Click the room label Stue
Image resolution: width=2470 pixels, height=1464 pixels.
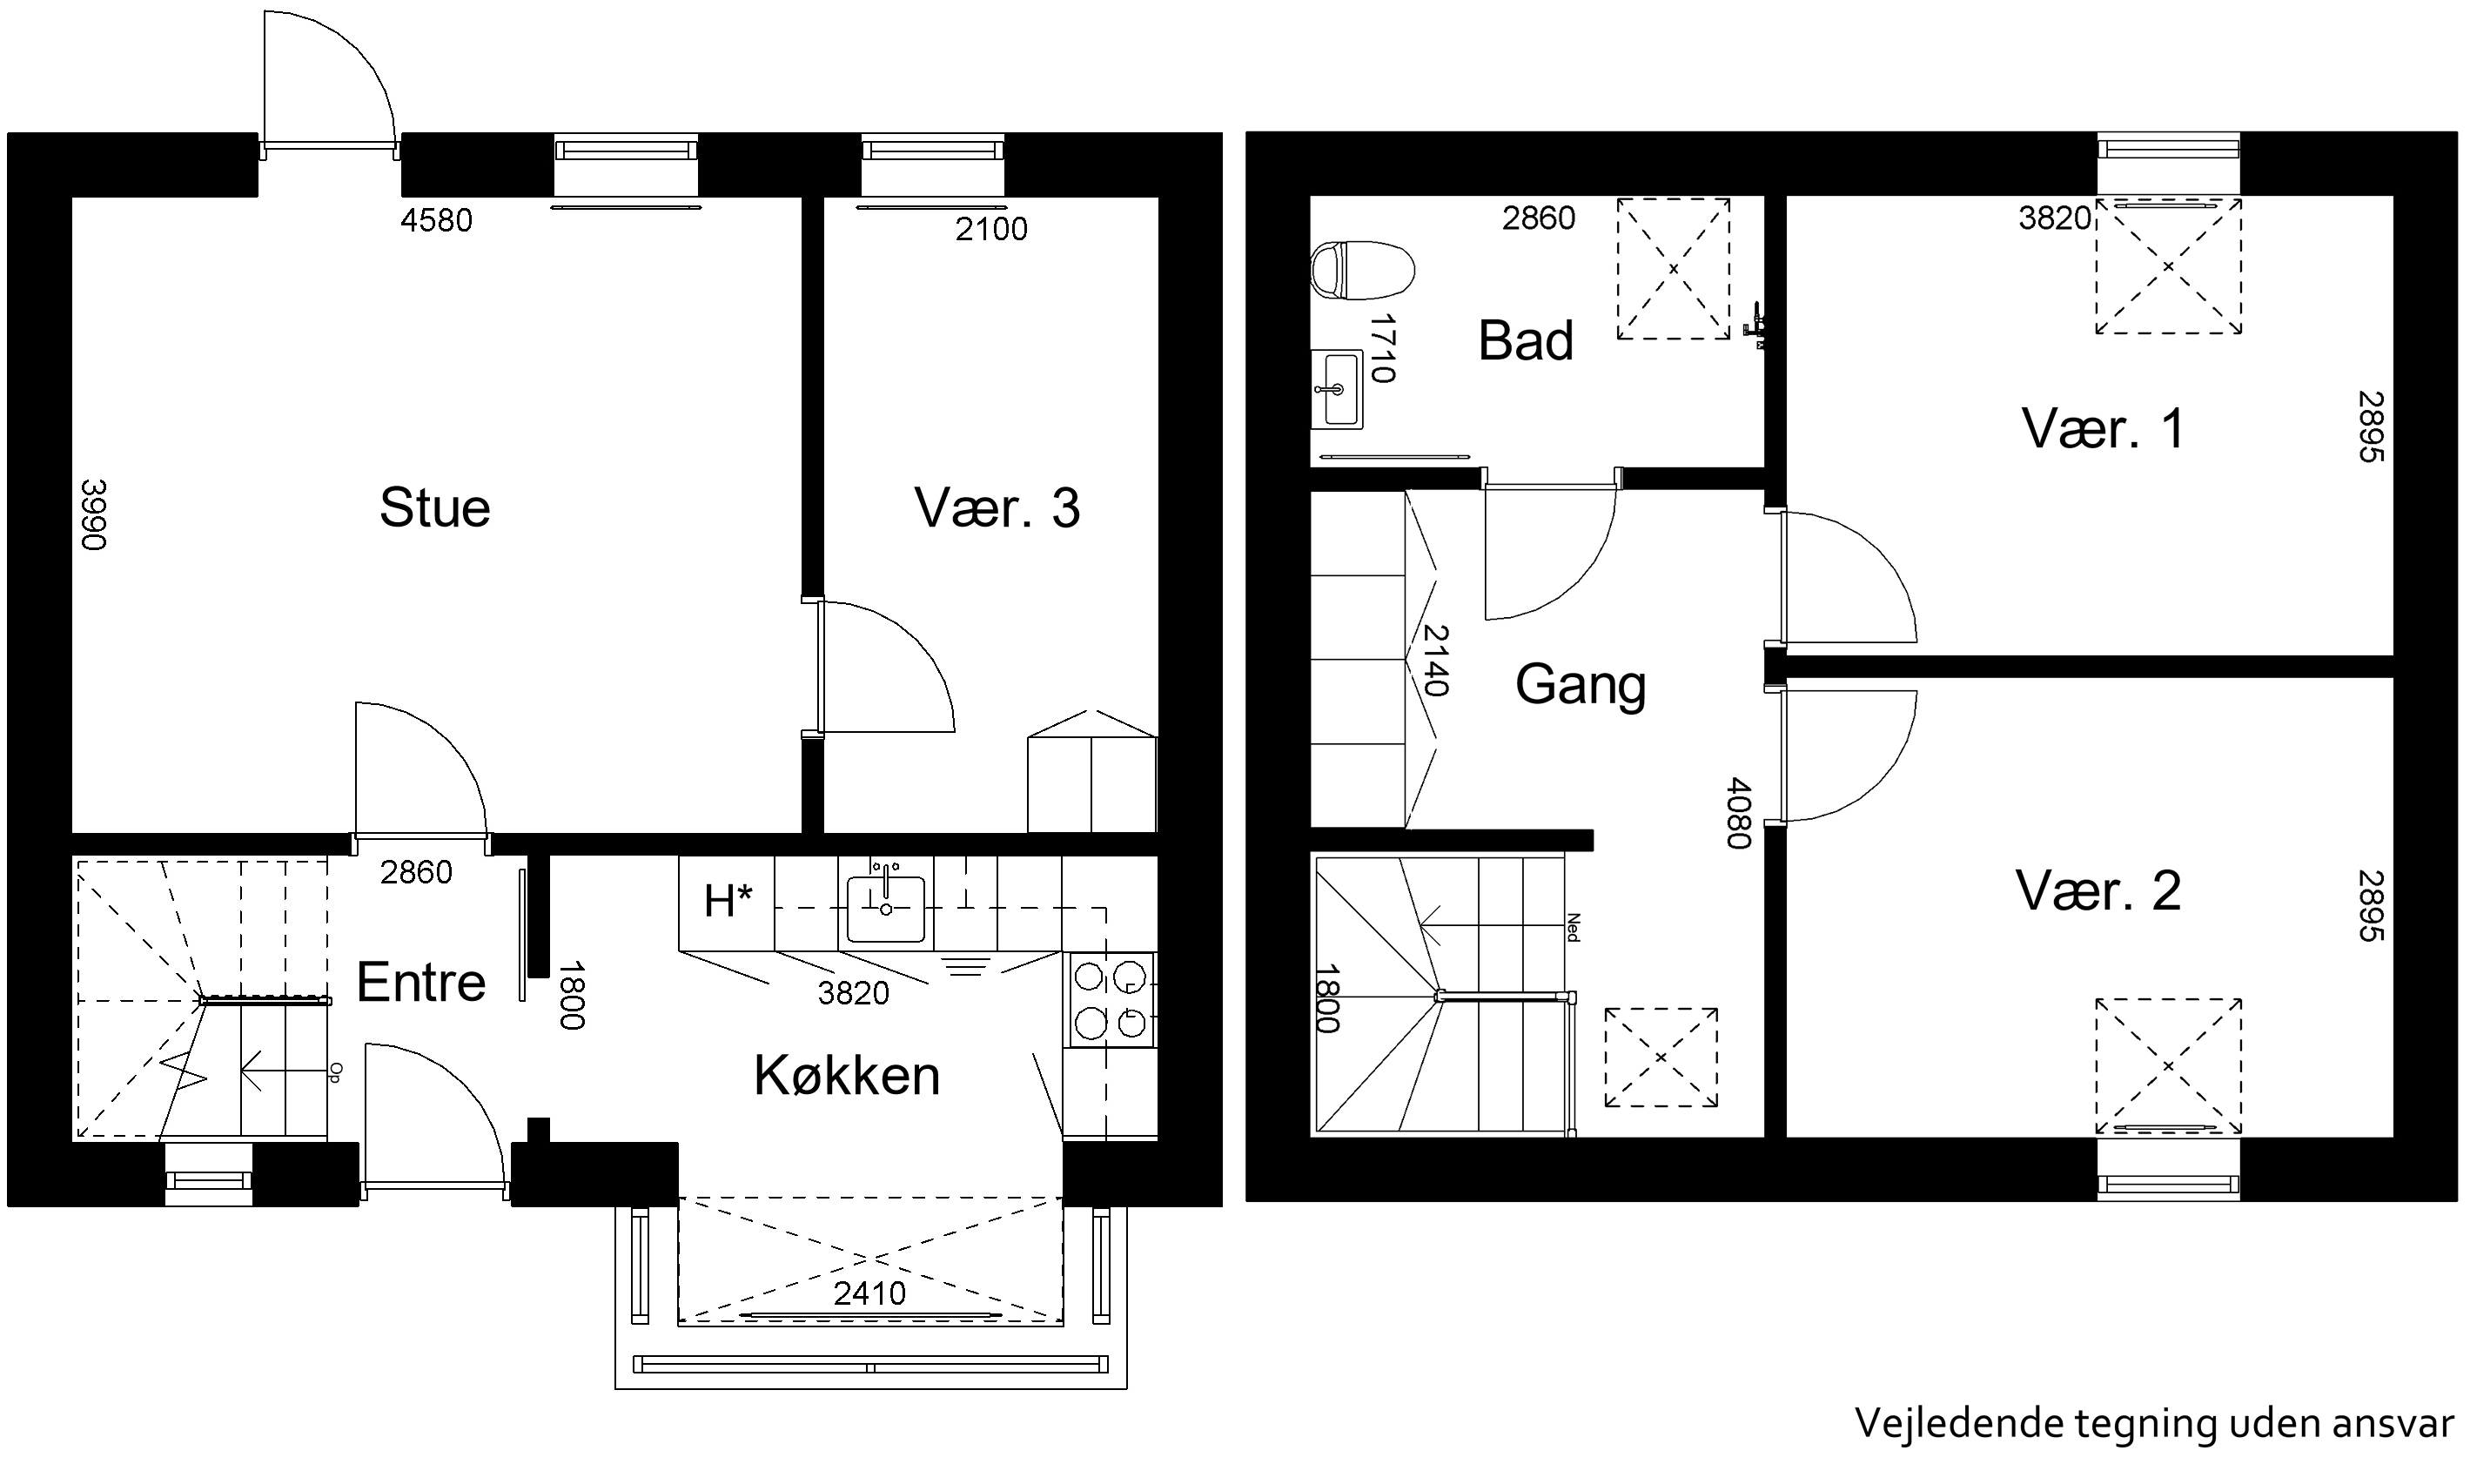tap(435, 508)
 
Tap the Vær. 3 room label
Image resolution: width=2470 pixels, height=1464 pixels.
tap(997, 508)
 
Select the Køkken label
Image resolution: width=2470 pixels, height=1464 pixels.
tap(846, 1074)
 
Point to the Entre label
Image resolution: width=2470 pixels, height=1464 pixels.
tap(421, 982)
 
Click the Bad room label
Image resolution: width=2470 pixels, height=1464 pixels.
tap(1525, 341)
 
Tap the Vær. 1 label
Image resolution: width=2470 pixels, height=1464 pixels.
tap(2103, 428)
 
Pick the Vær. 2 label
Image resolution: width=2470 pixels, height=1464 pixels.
tap(2098, 890)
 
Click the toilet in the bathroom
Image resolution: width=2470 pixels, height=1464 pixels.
tap(1362, 271)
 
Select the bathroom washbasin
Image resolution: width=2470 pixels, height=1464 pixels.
tap(1337, 389)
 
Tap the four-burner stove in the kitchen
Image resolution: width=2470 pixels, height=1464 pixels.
tap(1111, 999)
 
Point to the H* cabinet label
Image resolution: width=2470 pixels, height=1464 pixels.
tap(728, 902)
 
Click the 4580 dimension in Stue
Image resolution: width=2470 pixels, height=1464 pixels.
tap(436, 220)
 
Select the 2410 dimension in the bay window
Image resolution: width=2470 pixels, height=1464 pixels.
tap(869, 1293)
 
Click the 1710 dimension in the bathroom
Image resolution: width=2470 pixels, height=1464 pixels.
tap(1382, 348)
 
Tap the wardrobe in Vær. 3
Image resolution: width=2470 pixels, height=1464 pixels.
tap(1092, 771)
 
